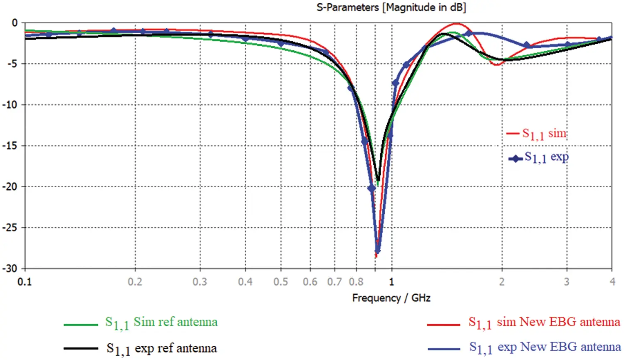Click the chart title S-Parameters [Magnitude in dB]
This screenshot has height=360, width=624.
click(x=391, y=7)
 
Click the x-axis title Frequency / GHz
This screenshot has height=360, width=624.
click(x=391, y=298)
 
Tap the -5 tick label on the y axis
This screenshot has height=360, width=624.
click(x=12, y=64)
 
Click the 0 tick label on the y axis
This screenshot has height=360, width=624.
click(x=15, y=23)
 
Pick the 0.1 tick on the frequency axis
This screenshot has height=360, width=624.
click(x=25, y=282)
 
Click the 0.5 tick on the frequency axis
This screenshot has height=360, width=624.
click(x=281, y=282)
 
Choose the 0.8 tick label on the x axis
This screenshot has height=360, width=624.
click(x=356, y=282)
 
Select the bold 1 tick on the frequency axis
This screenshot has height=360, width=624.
click(x=391, y=282)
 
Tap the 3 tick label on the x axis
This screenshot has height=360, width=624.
click(x=567, y=282)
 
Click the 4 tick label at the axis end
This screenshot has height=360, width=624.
click(x=612, y=282)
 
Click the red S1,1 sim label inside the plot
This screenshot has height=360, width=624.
click(x=544, y=134)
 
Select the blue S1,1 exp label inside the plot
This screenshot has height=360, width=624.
click(x=546, y=157)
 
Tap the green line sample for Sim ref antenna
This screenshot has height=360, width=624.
click(x=81, y=324)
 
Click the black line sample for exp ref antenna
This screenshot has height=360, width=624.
click(x=81, y=348)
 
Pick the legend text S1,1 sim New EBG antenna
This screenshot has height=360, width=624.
click(x=544, y=323)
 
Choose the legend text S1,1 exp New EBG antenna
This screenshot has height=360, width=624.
click(x=545, y=348)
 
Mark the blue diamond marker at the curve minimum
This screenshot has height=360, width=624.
click(x=378, y=251)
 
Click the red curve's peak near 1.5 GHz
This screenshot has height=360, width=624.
click(x=457, y=24)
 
